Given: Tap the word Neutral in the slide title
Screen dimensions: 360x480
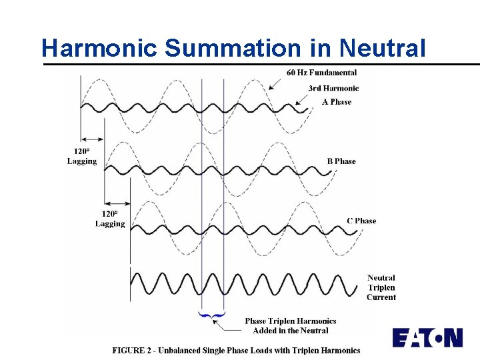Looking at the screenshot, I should pos(381,48).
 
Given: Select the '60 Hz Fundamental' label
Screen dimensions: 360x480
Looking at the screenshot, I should pos(321,73).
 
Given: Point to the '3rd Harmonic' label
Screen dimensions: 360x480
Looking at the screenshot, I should pos(333,88).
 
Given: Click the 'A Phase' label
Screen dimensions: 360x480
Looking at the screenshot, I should pos(337,102).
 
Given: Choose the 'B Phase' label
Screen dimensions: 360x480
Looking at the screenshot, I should pos(341,161).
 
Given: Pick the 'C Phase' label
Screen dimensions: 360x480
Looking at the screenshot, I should pos(361,221).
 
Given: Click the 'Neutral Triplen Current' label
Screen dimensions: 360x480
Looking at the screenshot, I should pos(381,287).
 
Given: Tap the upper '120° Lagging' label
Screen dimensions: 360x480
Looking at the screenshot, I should pos(82,157).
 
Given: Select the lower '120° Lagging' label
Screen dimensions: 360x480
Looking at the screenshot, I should pos(110,219).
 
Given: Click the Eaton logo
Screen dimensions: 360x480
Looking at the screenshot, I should pos(427,337).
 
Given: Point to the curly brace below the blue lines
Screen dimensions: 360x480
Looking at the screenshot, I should pos(212,314).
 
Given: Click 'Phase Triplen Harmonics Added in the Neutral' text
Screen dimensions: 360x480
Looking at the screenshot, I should pos(291,325).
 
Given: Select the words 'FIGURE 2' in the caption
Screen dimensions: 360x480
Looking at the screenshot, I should pos(133,350).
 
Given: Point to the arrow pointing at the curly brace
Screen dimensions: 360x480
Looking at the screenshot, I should pos(227,324).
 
